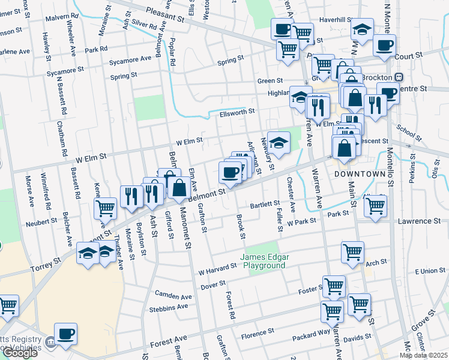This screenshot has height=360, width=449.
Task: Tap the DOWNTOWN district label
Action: tap(359, 173)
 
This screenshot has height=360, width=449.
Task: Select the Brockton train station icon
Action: tap(399, 77)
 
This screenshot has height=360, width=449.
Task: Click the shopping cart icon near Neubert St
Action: tap(106, 208)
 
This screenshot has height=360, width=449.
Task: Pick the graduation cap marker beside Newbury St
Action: tap(278, 142)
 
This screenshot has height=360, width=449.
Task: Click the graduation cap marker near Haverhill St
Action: tap(362, 29)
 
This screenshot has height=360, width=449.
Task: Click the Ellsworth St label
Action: tap(237, 112)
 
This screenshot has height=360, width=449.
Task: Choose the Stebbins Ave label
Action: tap(169, 307)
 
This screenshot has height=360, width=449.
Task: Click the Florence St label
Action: tap(257, 331)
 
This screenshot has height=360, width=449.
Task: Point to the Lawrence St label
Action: tap(420, 221)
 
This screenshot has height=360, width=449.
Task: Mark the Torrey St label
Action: tap(46, 263)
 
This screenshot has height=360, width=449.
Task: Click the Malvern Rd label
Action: tap(65, 19)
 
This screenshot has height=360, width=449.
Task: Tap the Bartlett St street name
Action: tap(265, 205)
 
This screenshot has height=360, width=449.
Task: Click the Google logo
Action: tap(20, 353)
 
